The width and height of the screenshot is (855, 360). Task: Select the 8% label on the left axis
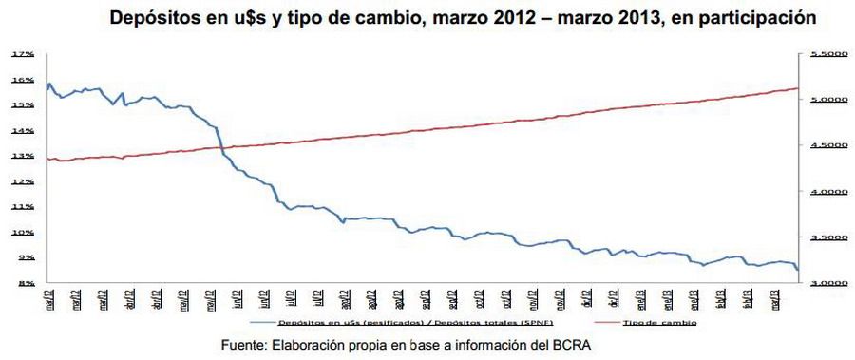25,283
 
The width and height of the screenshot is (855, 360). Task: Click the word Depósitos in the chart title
154,18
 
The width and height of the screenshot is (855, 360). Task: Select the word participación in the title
754,18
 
